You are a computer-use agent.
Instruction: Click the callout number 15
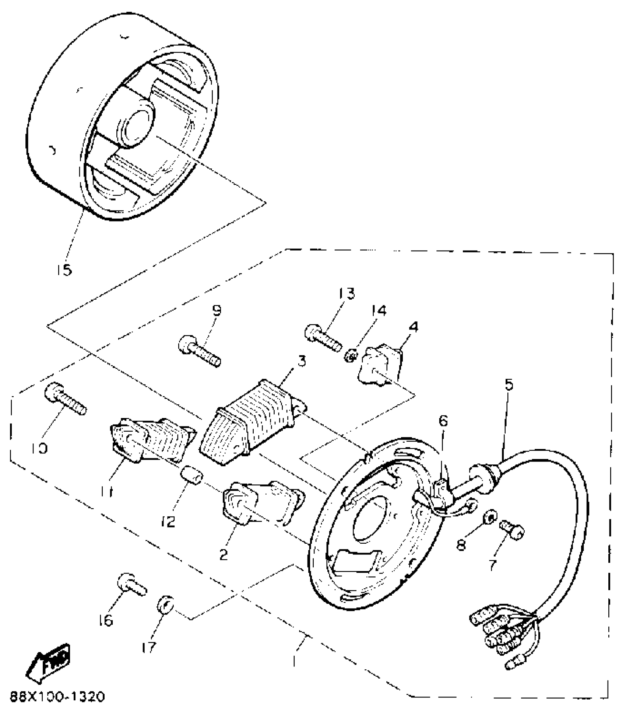(64, 270)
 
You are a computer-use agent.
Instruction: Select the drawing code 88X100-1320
(57, 697)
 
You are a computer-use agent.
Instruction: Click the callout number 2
(224, 554)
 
